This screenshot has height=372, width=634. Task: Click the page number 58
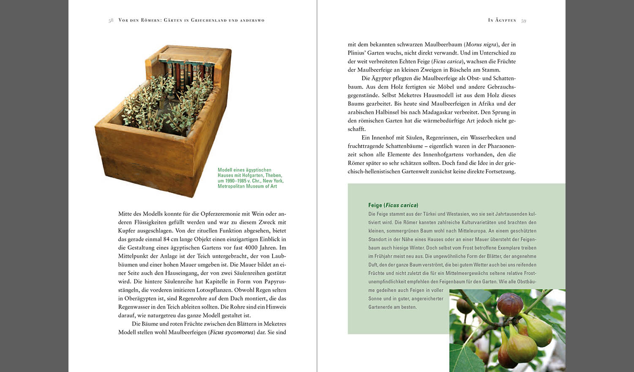click(x=111, y=20)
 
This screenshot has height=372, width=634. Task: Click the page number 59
click(x=524, y=21)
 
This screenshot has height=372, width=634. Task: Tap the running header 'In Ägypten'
click(x=502, y=20)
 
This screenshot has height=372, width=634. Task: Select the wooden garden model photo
click(x=163, y=120)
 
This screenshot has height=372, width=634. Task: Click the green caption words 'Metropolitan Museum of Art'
click(x=247, y=186)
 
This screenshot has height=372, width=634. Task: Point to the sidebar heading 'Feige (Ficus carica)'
click(x=393, y=205)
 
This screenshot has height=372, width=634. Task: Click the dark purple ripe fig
click(x=510, y=304)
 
